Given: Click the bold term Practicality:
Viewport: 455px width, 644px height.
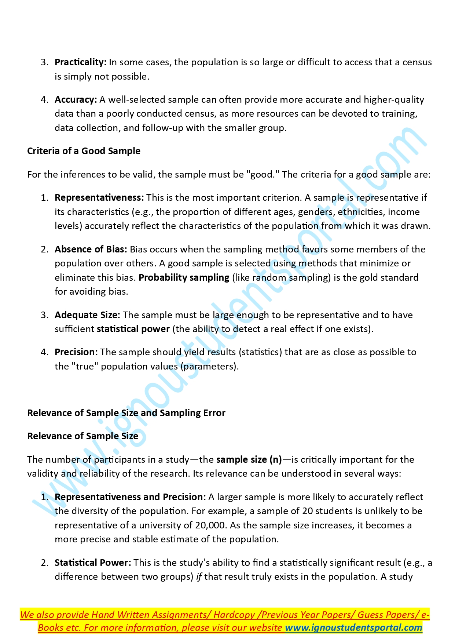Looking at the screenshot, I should tap(80, 62).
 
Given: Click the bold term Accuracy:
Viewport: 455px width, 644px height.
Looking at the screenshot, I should tap(76, 100).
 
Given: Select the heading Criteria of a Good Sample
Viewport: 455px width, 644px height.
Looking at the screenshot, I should tap(84, 151).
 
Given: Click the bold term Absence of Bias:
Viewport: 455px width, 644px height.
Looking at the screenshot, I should tap(91, 250).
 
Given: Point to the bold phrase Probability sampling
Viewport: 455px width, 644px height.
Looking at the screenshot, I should tap(184, 278).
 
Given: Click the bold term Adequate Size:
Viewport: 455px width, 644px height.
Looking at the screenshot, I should tap(87, 315).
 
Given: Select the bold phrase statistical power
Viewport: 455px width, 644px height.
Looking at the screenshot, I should tap(133, 329).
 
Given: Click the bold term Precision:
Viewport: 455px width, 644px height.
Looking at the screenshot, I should tap(76, 352).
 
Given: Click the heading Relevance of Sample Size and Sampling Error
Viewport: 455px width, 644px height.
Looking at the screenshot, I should tap(126, 413).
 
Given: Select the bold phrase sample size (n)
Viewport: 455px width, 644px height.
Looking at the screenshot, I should tap(249, 460).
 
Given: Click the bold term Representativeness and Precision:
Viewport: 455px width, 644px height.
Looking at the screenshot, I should tap(130, 497).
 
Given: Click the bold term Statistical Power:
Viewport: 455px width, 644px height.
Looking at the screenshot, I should tap(93, 563).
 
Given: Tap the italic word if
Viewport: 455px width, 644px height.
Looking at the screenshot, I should tap(199, 577).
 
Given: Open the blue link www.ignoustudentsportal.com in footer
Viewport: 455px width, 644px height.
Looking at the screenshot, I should tap(353, 628).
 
